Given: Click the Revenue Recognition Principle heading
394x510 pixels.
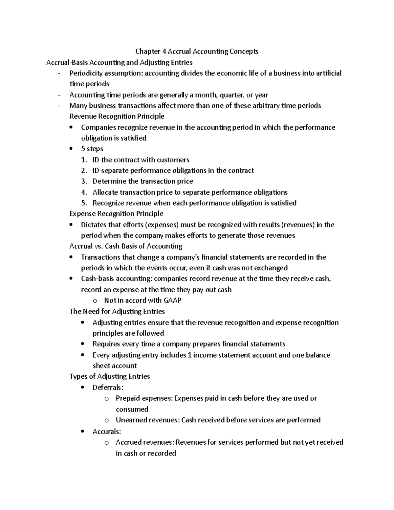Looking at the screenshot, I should coord(117,117).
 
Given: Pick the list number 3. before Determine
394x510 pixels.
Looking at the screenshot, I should coord(84,182).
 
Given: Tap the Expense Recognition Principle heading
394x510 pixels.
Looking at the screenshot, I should coord(116,214).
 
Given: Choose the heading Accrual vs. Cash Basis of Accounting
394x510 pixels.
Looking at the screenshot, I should coord(126,246).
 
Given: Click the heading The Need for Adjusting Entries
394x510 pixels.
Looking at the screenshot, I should coord(117,311).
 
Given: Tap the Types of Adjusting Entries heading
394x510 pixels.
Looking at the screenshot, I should coord(110,376).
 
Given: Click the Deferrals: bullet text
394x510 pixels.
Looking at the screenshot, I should coord(108,388).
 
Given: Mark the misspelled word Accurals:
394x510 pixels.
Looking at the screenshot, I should coord(107,432).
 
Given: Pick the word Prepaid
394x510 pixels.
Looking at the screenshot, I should coord(127,398).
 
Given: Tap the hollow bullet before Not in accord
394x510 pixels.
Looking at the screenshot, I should coord(95,301).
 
